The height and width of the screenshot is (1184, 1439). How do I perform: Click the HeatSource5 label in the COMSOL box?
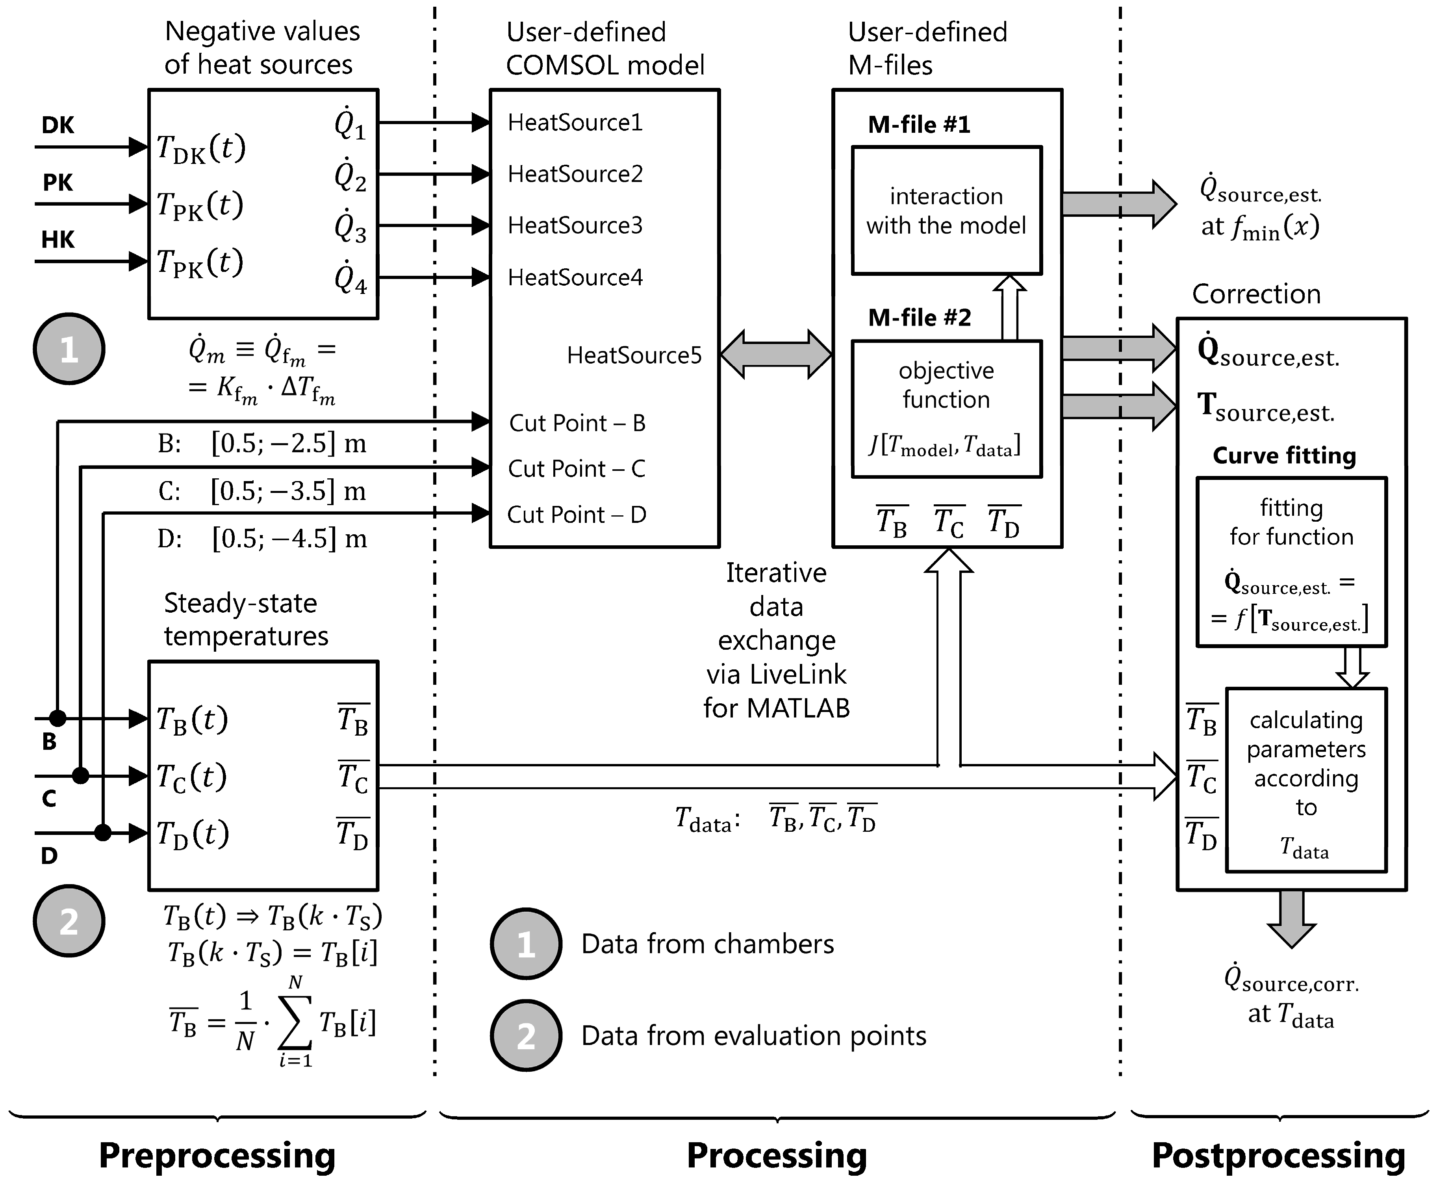pyautogui.click(x=634, y=355)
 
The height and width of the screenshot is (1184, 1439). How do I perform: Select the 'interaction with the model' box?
pyautogui.click(x=946, y=211)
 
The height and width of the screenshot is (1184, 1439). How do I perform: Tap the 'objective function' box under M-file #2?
pyautogui.click(x=946, y=409)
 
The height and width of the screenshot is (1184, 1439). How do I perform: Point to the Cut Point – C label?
pyautogui.click(x=576, y=468)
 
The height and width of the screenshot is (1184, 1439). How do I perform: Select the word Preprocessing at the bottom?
pyautogui.click(x=217, y=1155)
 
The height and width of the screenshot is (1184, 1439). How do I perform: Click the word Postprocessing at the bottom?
pyautogui.click(x=1278, y=1155)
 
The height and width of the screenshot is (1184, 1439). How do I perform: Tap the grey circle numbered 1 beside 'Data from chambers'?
pyautogui.click(x=526, y=944)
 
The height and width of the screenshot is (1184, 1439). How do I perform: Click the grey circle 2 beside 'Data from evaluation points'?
pyautogui.click(x=526, y=1035)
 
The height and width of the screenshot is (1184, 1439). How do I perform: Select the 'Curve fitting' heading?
pyautogui.click(x=1284, y=455)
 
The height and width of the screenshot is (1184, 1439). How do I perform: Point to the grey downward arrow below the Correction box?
pyautogui.click(x=1291, y=917)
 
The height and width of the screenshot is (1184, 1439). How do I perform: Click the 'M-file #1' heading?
pyautogui.click(x=919, y=125)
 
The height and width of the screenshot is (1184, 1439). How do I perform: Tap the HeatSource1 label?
pyautogui.click(x=575, y=123)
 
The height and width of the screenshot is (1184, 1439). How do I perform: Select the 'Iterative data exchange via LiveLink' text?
pyautogui.click(x=777, y=640)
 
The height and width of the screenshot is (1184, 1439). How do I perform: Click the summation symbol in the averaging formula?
pyautogui.click(x=295, y=1022)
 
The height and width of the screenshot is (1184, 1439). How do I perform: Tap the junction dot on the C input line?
pyautogui.click(x=80, y=775)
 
